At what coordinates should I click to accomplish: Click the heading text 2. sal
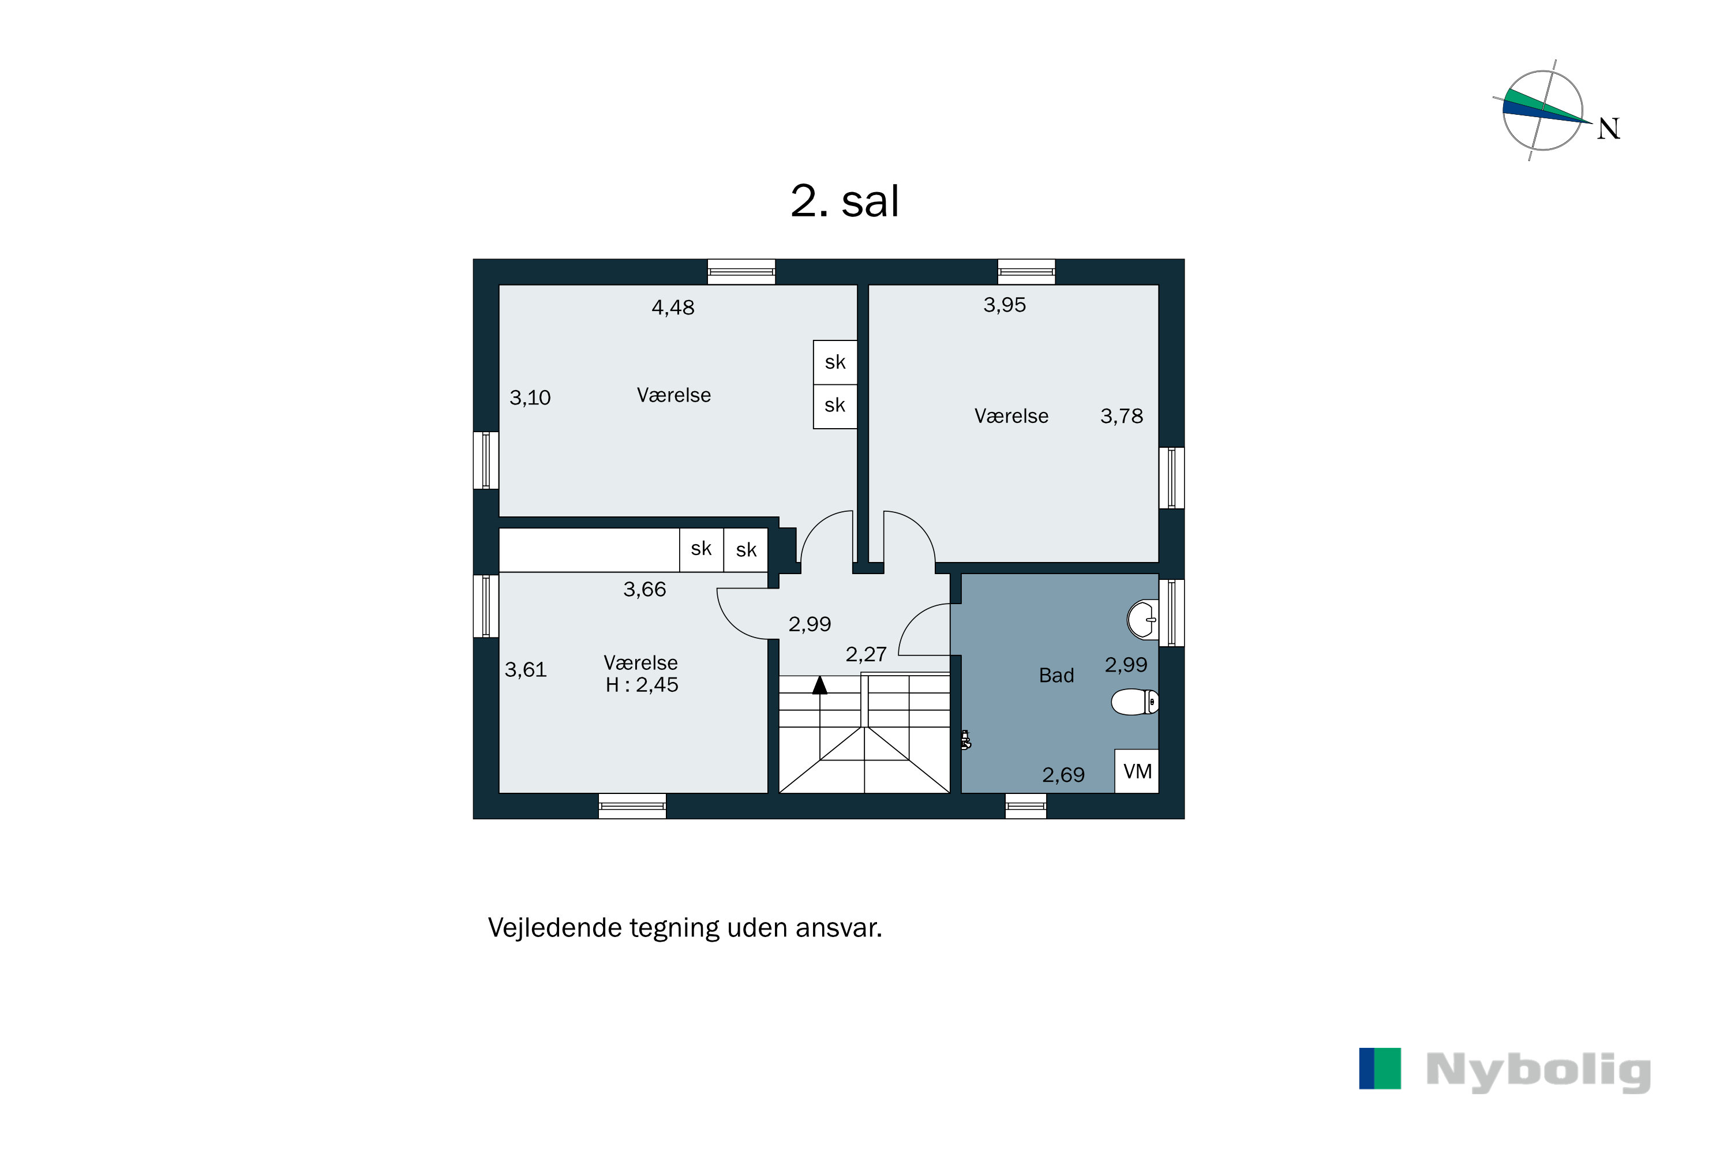click(x=844, y=201)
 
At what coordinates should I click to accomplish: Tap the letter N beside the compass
click(x=1608, y=129)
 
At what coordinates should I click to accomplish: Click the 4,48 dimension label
click(x=673, y=308)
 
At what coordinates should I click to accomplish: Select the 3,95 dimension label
click(x=1004, y=305)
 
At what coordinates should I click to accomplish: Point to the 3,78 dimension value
click(x=1121, y=417)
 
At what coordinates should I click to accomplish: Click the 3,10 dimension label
click(x=530, y=398)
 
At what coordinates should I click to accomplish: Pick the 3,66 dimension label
click(x=644, y=590)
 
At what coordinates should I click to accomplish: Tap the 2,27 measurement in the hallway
click(x=865, y=654)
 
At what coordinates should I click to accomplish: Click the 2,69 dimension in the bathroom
click(x=1063, y=775)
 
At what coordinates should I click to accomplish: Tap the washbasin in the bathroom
click(x=1143, y=620)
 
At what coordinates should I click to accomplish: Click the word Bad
click(x=1056, y=676)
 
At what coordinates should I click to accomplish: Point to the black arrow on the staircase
click(x=820, y=686)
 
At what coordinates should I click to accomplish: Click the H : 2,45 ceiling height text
click(x=641, y=685)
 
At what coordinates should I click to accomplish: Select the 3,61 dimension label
click(x=526, y=670)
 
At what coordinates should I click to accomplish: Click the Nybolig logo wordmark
click(x=1538, y=1071)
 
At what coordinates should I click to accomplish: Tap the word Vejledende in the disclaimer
click(x=556, y=928)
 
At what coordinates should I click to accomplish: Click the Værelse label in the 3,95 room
click(x=1011, y=417)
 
